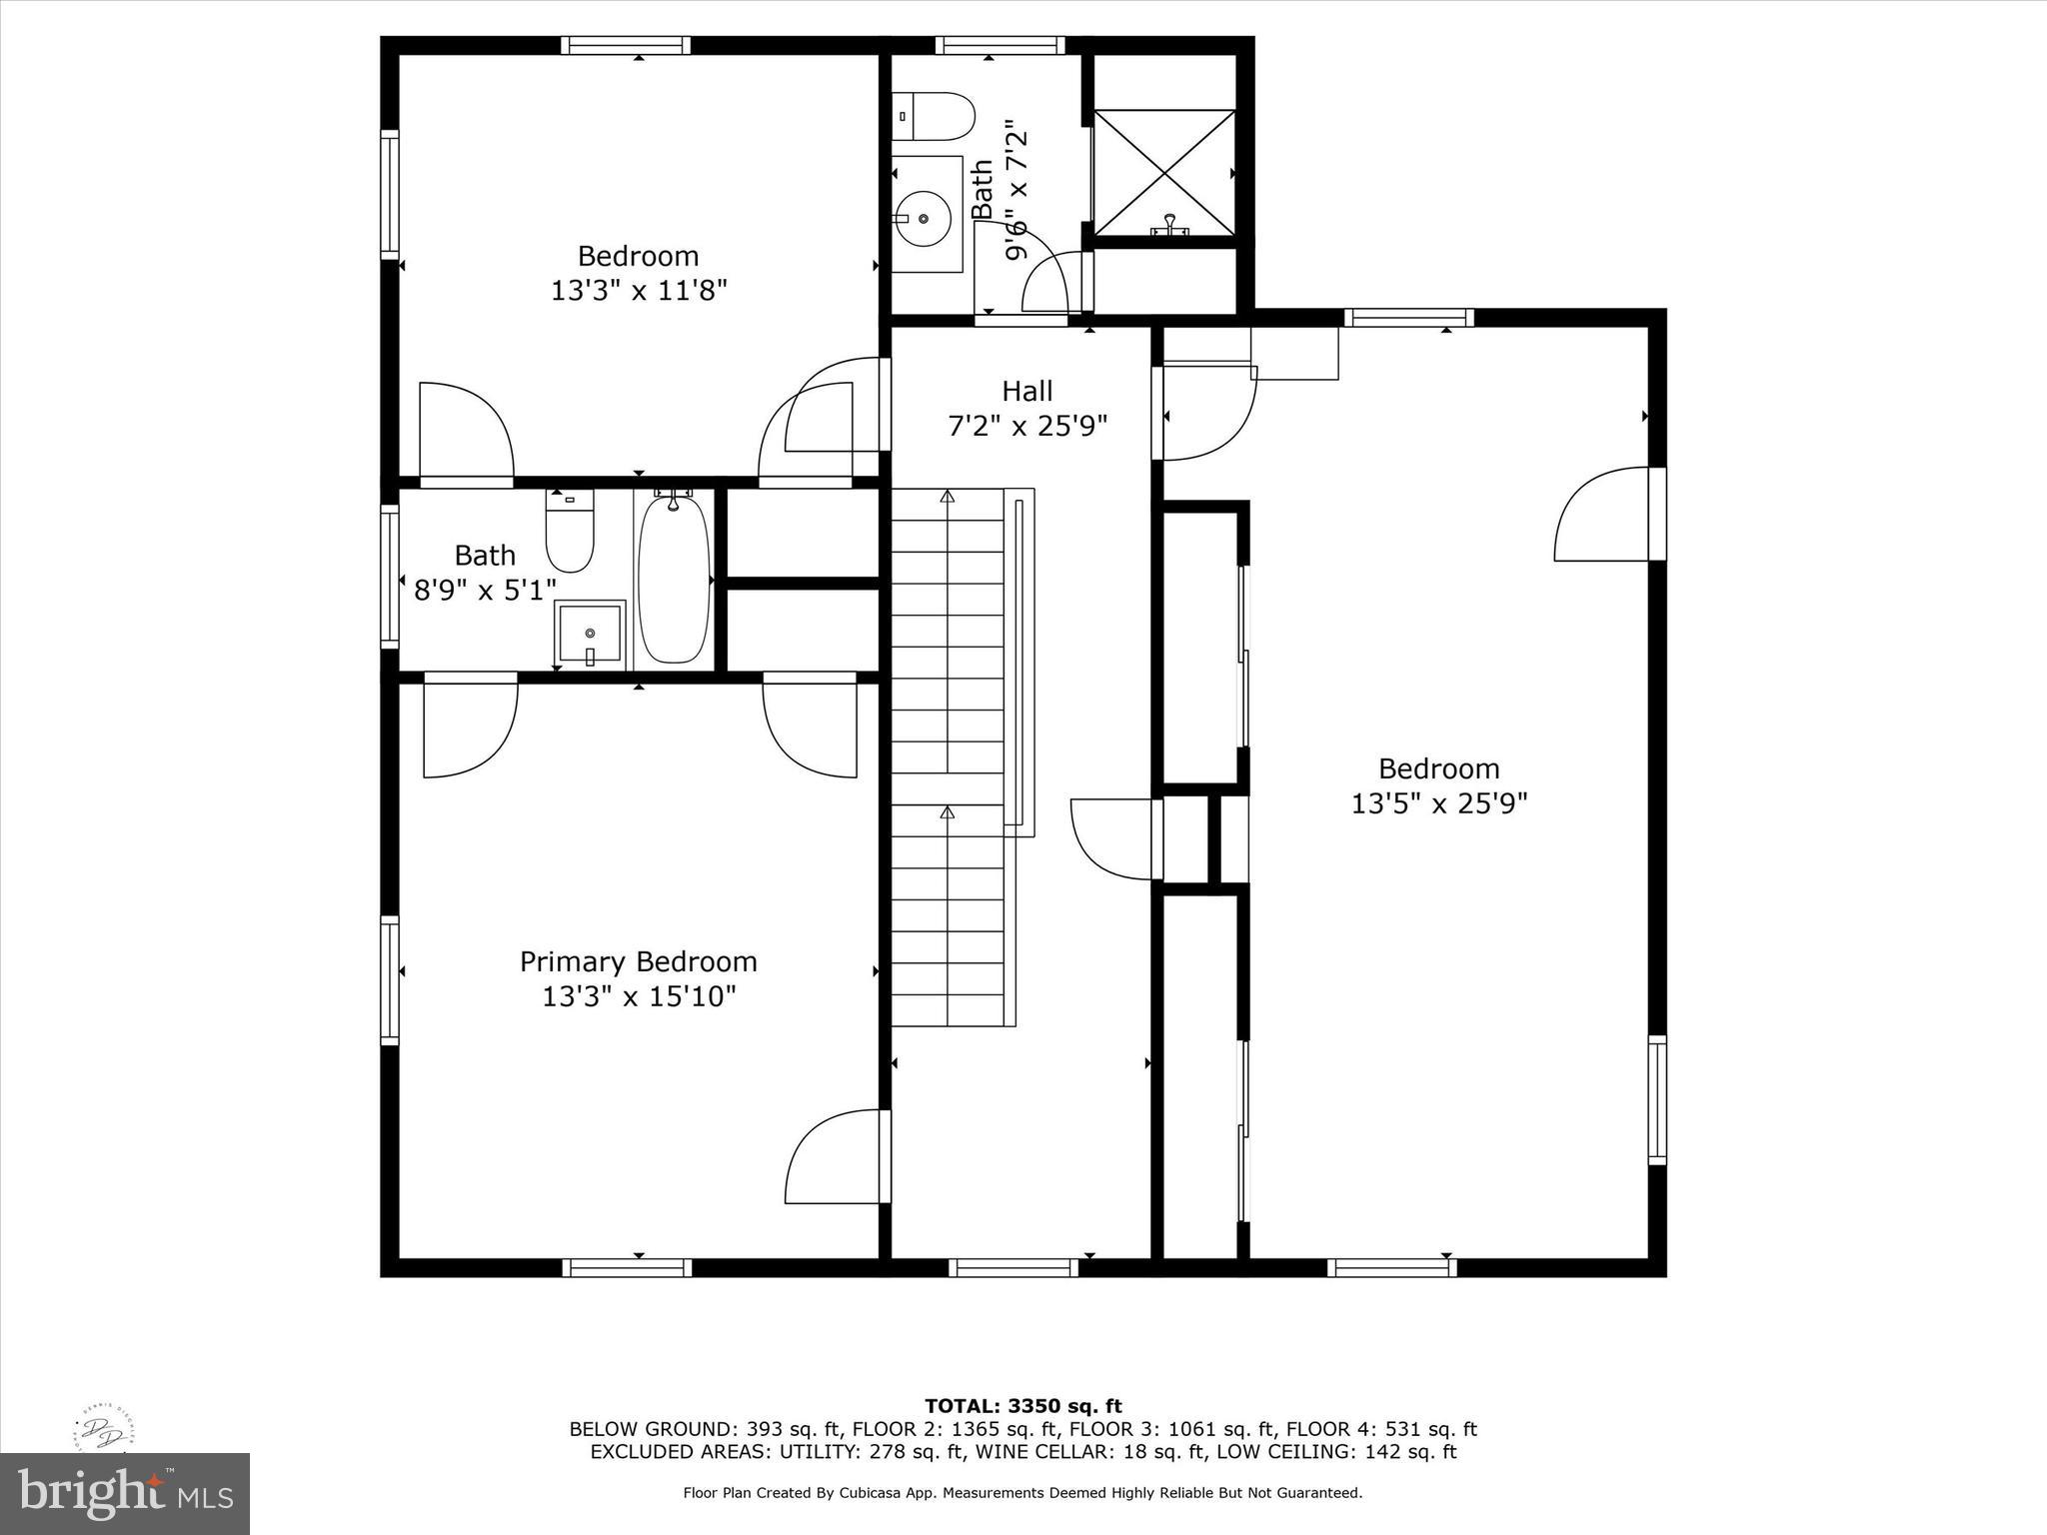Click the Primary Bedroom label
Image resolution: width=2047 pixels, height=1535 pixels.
pyautogui.click(x=638, y=961)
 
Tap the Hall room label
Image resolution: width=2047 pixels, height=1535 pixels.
pyautogui.click(x=1026, y=391)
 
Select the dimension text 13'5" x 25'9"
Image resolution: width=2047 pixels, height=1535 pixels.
pyautogui.click(x=1438, y=803)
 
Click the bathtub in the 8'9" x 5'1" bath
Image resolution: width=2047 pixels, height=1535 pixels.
pyautogui.click(x=674, y=580)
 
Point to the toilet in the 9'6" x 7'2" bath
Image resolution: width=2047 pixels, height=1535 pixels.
pyautogui.click(x=934, y=117)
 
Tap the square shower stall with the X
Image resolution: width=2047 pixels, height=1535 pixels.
pyautogui.click(x=1164, y=173)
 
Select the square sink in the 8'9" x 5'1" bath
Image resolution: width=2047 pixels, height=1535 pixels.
pyautogui.click(x=590, y=634)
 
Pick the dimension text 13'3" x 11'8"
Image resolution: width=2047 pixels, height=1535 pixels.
pyautogui.click(x=638, y=291)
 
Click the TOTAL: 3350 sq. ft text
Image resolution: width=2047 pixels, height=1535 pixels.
pyautogui.click(x=1023, y=1407)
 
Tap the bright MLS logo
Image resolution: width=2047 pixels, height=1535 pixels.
pyautogui.click(x=125, y=1493)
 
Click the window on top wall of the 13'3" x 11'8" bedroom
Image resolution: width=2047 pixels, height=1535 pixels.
pyautogui.click(x=626, y=45)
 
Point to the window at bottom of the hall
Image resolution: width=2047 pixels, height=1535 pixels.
pyautogui.click(x=1013, y=1267)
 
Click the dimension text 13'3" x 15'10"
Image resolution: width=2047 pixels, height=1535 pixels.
pyautogui.click(x=638, y=996)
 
